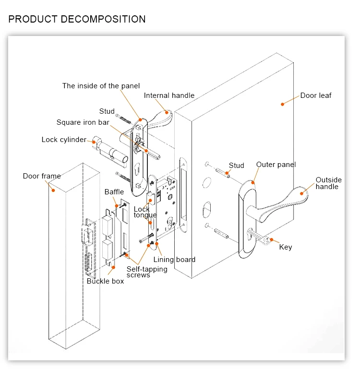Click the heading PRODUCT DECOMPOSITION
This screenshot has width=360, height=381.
click(x=77, y=19)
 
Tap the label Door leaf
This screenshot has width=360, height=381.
click(x=315, y=95)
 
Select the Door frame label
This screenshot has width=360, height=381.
click(x=42, y=176)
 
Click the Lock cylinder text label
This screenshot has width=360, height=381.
click(x=63, y=140)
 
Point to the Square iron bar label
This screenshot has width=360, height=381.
click(x=83, y=122)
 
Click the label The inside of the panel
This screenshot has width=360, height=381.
click(x=101, y=86)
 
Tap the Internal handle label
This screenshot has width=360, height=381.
click(x=169, y=95)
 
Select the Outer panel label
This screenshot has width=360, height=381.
click(x=276, y=165)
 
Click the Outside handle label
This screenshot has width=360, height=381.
click(x=328, y=183)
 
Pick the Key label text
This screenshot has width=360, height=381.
click(x=285, y=247)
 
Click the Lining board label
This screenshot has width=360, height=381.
click(x=174, y=260)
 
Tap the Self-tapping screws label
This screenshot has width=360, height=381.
click(x=146, y=272)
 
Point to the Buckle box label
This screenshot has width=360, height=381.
click(x=105, y=281)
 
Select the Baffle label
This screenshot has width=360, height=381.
click(x=114, y=192)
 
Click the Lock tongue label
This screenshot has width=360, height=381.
click(x=144, y=212)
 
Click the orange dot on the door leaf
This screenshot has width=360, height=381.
click(x=283, y=104)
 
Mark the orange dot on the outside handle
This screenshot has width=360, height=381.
click(x=302, y=193)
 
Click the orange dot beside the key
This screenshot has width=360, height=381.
click(x=271, y=239)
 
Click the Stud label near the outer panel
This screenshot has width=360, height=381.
click(x=236, y=166)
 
